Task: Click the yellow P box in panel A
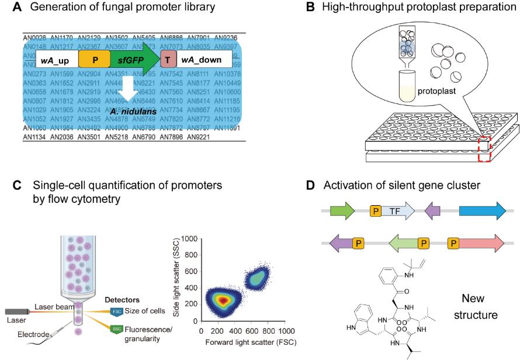click(x=95, y=60)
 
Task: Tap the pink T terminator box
click(x=168, y=60)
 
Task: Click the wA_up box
click(x=57, y=60)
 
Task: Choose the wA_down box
click(x=202, y=60)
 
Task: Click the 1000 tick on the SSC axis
click(x=188, y=239)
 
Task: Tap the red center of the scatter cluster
click(x=222, y=300)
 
